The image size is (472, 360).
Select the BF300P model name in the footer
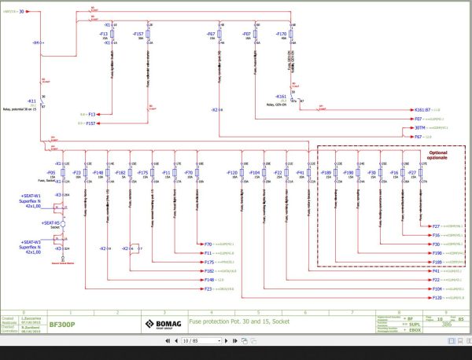pos(63,322)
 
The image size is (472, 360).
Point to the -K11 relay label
pos(32,101)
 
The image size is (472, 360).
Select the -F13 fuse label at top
pos(103,35)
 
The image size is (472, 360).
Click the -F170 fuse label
pos(282,35)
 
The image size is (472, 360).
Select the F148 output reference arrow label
pos(208,279)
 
